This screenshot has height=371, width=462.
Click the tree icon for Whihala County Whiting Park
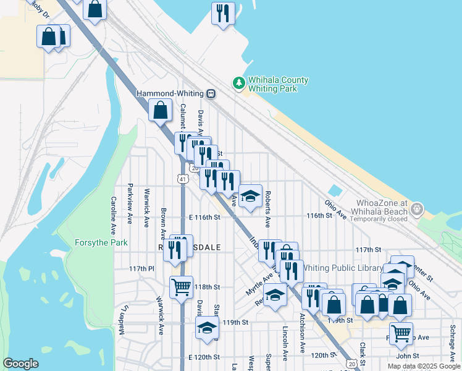click(x=238, y=82)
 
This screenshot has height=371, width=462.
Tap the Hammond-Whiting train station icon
click(x=211, y=94)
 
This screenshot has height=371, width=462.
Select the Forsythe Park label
click(x=101, y=242)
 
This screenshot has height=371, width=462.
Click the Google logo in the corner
click(x=20, y=364)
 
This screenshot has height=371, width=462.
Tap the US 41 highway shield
click(x=182, y=179)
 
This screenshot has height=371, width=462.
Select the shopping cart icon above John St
click(x=401, y=333)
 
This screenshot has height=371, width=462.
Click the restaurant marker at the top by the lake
click(x=222, y=12)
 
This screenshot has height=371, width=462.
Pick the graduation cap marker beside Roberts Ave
click(x=250, y=196)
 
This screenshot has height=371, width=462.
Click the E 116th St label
click(x=204, y=217)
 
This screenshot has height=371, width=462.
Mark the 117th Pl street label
click(x=141, y=268)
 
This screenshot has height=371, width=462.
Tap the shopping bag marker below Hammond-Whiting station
click(x=161, y=111)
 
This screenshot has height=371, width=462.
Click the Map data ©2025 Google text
click(x=424, y=366)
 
